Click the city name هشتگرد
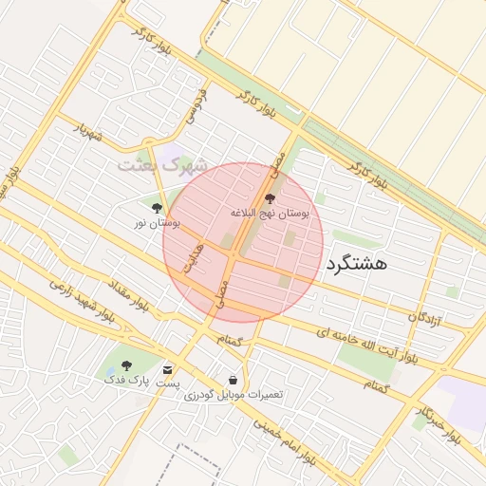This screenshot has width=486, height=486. tap(357, 264)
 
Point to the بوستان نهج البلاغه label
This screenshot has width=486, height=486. tap(271, 215)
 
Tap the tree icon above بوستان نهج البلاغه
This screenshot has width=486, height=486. tap(271, 199)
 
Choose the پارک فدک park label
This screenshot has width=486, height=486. tap(127, 379)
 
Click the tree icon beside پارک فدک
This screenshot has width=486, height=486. tap(127, 364)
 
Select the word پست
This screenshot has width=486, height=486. tap(168, 384)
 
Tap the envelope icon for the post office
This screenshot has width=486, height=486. tap(168, 369)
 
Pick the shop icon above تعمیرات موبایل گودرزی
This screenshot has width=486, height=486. tap(234, 380)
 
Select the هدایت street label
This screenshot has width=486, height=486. tap(195, 256)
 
